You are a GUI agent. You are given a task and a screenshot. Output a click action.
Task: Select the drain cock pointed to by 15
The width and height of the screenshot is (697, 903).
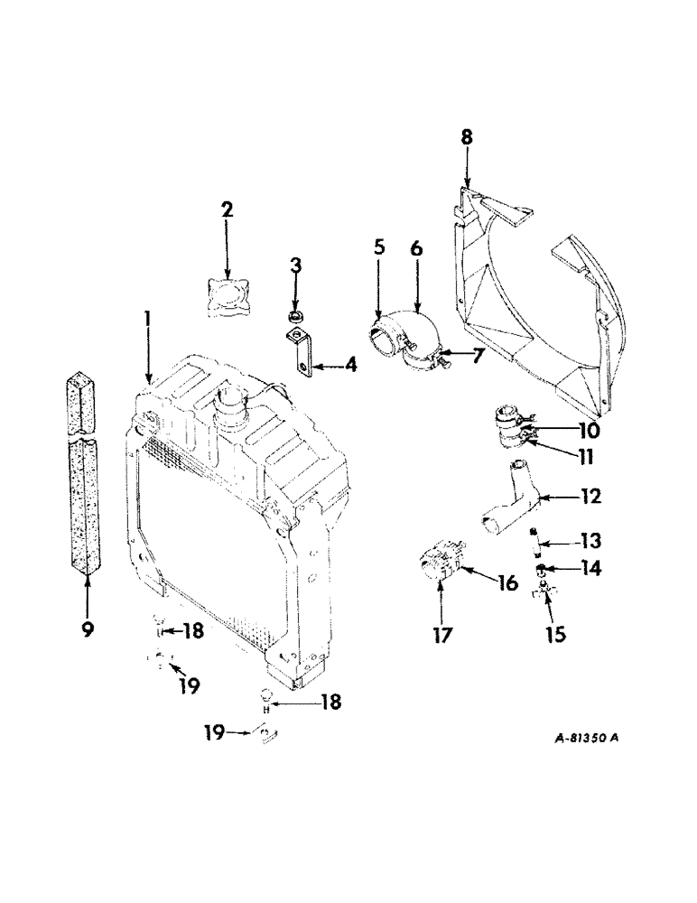[542, 591]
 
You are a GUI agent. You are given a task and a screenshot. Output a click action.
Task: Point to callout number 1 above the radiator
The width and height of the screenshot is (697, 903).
[146, 319]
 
